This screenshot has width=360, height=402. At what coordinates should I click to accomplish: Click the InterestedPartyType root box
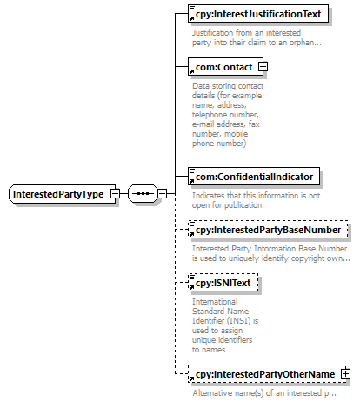point(63,194)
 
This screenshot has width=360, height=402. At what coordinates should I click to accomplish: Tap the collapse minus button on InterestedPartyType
point(115,193)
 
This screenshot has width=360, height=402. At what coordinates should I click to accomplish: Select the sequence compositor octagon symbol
point(143,193)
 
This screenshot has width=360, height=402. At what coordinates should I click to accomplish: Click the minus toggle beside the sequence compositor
point(162,193)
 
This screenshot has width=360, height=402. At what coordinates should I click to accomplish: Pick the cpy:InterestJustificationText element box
point(258,14)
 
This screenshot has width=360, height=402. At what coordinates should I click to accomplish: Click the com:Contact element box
point(226,67)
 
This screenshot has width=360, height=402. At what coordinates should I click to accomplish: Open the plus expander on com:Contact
point(263,67)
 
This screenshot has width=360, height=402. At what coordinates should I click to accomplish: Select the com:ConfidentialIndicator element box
point(254,177)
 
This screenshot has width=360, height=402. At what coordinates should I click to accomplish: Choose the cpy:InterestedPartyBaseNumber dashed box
point(268,230)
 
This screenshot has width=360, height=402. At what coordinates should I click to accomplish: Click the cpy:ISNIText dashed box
point(223,283)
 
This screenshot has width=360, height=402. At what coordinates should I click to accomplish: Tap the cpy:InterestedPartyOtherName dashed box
point(267,374)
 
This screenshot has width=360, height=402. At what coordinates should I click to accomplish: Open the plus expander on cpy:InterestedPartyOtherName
point(345,373)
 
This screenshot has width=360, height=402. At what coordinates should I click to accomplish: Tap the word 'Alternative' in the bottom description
point(210,393)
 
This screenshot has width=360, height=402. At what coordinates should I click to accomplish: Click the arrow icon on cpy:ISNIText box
point(191,287)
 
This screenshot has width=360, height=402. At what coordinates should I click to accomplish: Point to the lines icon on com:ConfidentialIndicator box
point(192,171)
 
